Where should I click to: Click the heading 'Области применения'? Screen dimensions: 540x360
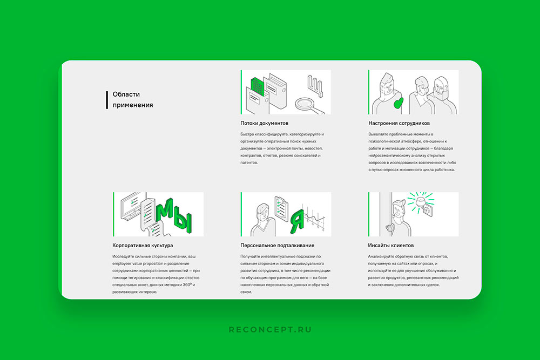[133, 99]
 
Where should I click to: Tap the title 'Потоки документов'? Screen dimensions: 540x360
[264, 123]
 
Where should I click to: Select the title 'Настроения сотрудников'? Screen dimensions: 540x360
[399, 123]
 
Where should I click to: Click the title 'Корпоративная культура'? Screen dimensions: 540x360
[143, 246]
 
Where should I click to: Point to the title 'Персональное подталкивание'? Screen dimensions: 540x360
[277, 246]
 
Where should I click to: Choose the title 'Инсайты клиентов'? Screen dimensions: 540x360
[390, 246]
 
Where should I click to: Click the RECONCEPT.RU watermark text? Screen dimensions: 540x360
[270, 329]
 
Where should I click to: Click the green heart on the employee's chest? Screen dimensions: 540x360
[399, 103]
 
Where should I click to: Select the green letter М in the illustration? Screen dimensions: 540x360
[164, 210]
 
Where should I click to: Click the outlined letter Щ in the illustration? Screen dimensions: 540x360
[315, 85]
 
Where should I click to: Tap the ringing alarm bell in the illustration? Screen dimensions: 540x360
[421, 203]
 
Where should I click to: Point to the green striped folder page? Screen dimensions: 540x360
[257, 86]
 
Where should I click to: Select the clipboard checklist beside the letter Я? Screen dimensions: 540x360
[281, 208]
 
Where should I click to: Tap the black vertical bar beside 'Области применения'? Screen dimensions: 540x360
[107, 100]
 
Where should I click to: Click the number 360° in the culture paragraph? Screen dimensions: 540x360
[187, 285]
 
